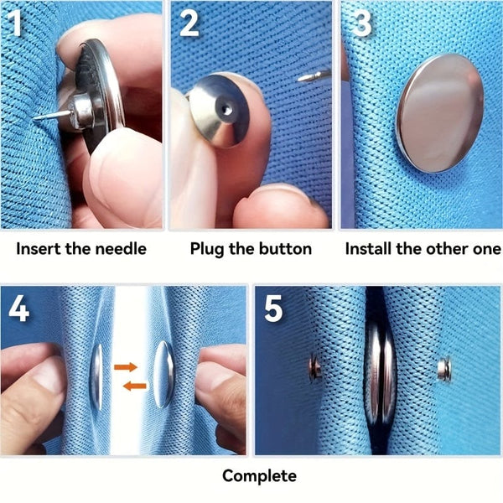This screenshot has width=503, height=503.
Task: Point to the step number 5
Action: [x=274, y=309]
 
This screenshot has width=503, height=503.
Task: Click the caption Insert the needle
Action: [x=81, y=249]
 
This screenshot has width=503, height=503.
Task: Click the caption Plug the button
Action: [x=251, y=249]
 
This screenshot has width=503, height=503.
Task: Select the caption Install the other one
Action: [x=419, y=249]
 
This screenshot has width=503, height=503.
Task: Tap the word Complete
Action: [x=259, y=476]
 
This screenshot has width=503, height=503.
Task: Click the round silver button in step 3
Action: [x=439, y=112]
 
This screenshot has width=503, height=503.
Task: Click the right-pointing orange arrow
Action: [x=126, y=366]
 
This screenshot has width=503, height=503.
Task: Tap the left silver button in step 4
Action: [x=96, y=376]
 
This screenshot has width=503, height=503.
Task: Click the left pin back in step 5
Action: [x=314, y=367]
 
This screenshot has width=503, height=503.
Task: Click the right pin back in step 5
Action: [x=445, y=366]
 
